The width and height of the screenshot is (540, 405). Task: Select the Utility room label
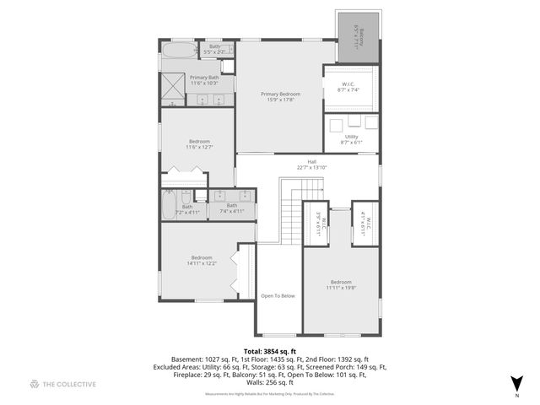click(351, 139)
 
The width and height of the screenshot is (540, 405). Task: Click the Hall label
click(311, 165)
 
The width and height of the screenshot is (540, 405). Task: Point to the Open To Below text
click(278, 296)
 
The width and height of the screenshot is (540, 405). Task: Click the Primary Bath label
click(205, 80)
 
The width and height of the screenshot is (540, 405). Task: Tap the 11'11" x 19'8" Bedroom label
click(341, 285)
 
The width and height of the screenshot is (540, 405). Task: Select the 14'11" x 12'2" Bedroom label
click(202, 260)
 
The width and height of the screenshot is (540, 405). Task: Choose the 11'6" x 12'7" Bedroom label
click(199, 144)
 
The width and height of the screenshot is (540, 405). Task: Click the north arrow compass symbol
click(516, 383)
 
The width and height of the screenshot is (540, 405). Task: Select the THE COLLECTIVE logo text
click(62, 384)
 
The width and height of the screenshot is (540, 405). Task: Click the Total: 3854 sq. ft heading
click(269, 349)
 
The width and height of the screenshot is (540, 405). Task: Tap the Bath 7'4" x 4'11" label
click(232, 208)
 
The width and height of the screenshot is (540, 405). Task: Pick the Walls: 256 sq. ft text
click(269, 382)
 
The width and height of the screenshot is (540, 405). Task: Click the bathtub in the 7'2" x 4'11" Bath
click(169, 205)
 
